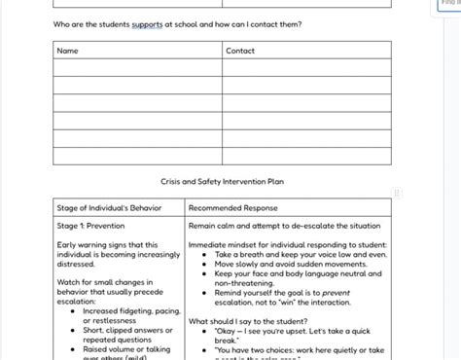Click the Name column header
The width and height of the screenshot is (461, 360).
coord(67,51)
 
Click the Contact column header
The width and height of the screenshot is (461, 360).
coord(240,51)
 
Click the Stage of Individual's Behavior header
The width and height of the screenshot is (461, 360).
coord(109,207)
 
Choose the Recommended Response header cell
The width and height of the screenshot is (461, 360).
coord(232,207)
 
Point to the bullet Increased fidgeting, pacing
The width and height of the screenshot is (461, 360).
coord(131,311)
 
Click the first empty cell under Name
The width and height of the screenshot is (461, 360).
coord(137,68)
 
